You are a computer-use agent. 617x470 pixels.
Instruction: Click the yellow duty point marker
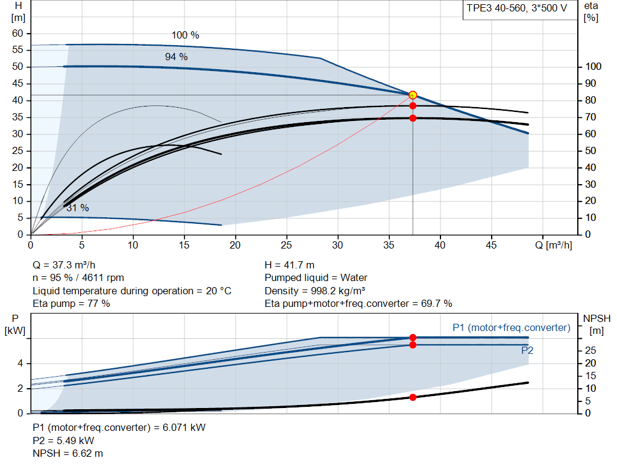[413, 95]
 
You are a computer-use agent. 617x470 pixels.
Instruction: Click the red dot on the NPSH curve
[413, 397]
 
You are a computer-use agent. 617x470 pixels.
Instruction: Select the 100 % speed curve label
[186, 36]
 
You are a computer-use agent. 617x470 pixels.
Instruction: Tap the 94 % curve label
[177, 57]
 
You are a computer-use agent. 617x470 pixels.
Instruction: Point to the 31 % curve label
[78, 208]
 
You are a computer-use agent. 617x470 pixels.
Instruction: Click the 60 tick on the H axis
[17, 34]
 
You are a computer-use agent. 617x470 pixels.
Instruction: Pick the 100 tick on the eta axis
[593, 66]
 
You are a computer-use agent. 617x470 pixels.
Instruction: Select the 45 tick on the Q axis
[491, 245]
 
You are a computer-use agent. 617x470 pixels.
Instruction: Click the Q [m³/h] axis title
[553, 245]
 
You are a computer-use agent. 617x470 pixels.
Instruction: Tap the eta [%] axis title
[591, 12]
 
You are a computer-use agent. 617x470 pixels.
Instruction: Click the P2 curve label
[527, 350]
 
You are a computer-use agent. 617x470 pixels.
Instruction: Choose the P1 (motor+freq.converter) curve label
[512, 328]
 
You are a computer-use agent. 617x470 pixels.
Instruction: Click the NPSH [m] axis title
[597, 324]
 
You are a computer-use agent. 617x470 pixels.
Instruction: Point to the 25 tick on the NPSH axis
[590, 350]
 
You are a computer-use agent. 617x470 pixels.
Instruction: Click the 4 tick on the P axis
[20, 363]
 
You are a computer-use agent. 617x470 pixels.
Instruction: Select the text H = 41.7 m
[290, 265]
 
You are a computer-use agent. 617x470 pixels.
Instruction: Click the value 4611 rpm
[103, 278]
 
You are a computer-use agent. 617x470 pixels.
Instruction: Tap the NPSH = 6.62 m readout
[67, 454]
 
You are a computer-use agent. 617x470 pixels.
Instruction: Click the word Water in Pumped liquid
[354, 278]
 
